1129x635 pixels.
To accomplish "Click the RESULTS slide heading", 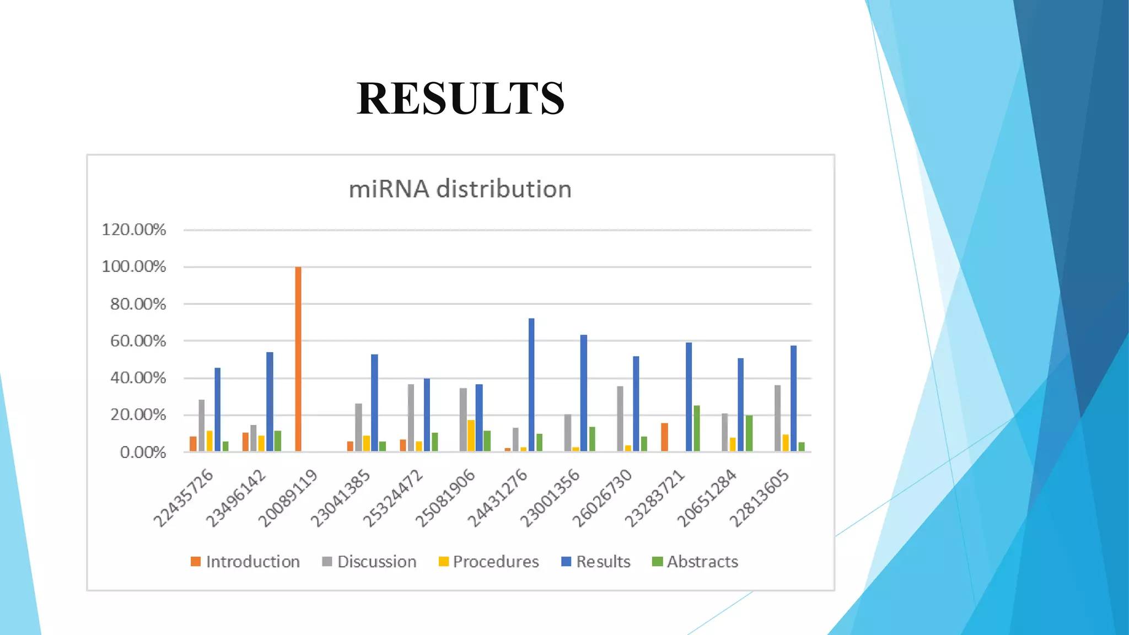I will click(x=460, y=99).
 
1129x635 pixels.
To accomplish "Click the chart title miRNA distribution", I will click(x=460, y=189).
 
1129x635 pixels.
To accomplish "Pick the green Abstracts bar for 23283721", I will click(x=697, y=428).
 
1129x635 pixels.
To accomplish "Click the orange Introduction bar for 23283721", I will click(x=664, y=437).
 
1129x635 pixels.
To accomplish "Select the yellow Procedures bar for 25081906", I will click(x=471, y=435).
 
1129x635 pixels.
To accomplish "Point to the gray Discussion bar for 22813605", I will click(x=777, y=418).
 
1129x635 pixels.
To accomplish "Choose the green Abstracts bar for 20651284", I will click(x=749, y=433).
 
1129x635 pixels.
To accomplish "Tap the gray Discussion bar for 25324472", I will click(x=411, y=418).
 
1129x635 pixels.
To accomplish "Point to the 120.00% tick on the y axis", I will click(x=134, y=229).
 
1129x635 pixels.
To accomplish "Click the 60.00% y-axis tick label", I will click(x=138, y=341).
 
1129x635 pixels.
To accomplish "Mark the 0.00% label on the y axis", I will click(x=143, y=453).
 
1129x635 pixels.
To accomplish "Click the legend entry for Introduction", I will click(x=245, y=562).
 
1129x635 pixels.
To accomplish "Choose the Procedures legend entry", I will click(x=489, y=562).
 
